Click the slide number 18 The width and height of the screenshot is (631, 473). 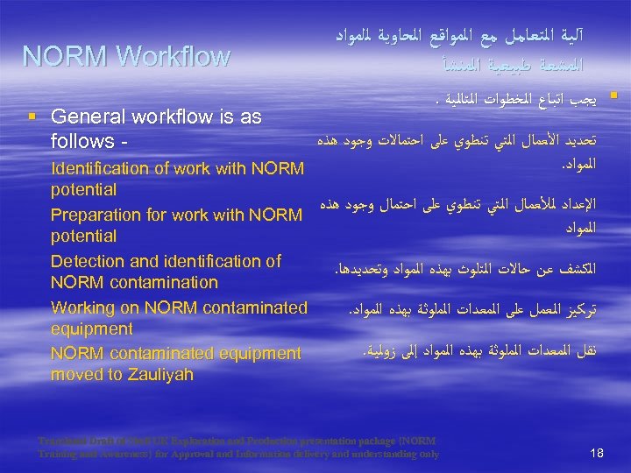597,453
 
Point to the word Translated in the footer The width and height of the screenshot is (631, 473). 63,441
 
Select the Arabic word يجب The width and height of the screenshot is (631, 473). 585,100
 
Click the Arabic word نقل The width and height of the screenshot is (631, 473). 585,350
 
